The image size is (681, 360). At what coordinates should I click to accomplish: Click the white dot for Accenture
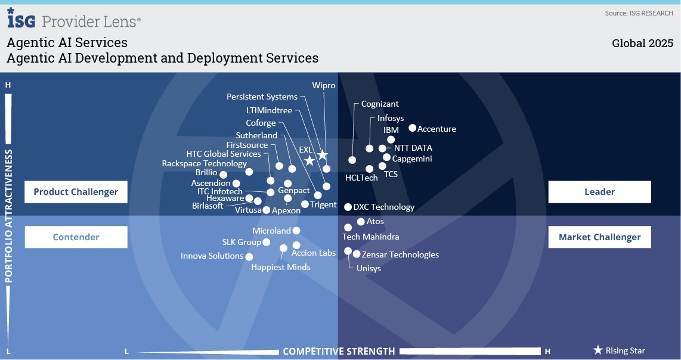click(x=412, y=128)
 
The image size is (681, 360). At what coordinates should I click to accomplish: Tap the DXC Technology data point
click(x=348, y=207)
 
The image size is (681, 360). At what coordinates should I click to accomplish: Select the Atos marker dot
click(x=361, y=222)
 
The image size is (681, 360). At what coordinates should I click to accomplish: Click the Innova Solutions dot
click(x=248, y=256)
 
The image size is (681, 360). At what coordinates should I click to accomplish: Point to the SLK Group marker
click(x=267, y=242)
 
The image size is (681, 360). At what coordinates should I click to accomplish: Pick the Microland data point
click(x=296, y=231)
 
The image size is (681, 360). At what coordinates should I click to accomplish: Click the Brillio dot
click(x=224, y=174)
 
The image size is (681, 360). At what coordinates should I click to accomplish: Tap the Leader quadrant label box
click(x=599, y=192)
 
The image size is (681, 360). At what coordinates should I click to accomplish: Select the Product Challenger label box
click(x=76, y=192)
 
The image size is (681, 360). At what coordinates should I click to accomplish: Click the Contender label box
click(x=76, y=237)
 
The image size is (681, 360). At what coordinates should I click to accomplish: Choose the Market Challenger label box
click(x=599, y=237)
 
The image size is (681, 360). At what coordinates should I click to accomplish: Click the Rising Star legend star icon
click(x=598, y=350)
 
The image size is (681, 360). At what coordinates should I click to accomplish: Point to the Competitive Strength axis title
click(x=339, y=351)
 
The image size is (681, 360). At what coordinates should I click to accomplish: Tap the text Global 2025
click(x=642, y=44)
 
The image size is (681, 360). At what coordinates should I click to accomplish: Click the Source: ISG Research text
click(x=639, y=13)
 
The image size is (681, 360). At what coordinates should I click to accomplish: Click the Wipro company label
click(x=324, y=85)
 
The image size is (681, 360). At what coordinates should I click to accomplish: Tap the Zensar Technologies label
click(x=400, y=255)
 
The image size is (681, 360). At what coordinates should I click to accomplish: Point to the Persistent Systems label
click(x=262, y=97)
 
